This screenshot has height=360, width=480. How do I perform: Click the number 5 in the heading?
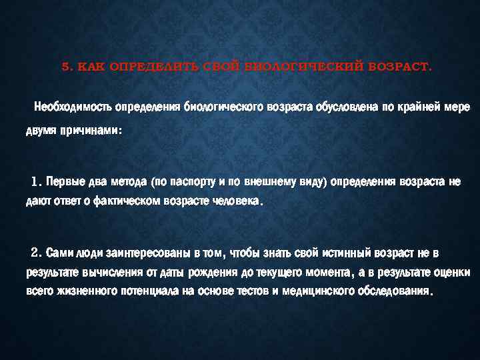64,67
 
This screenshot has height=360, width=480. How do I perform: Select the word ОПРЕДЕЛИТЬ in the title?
139,67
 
